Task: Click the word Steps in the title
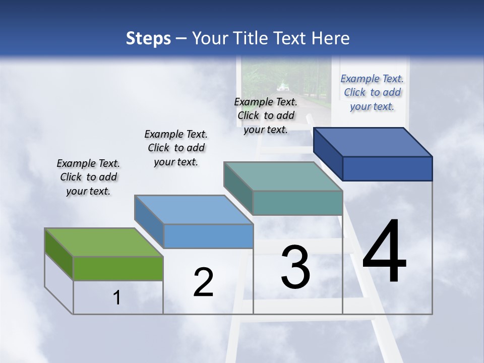click(148, 38)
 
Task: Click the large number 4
click(384, 252)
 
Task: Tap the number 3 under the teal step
click(295, 267)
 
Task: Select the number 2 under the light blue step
click(203, 282)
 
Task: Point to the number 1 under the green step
click(117, 298)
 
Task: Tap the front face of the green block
click(118, 268)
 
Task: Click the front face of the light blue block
click(208, 236)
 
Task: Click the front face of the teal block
click(297, 203)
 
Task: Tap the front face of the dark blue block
click(387, 168)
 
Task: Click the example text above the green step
click(88, 177)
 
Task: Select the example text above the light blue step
click(176, 148)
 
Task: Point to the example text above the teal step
click(266, 115)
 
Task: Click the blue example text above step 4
click(372, 92)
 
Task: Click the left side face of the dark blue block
click(328, 153)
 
